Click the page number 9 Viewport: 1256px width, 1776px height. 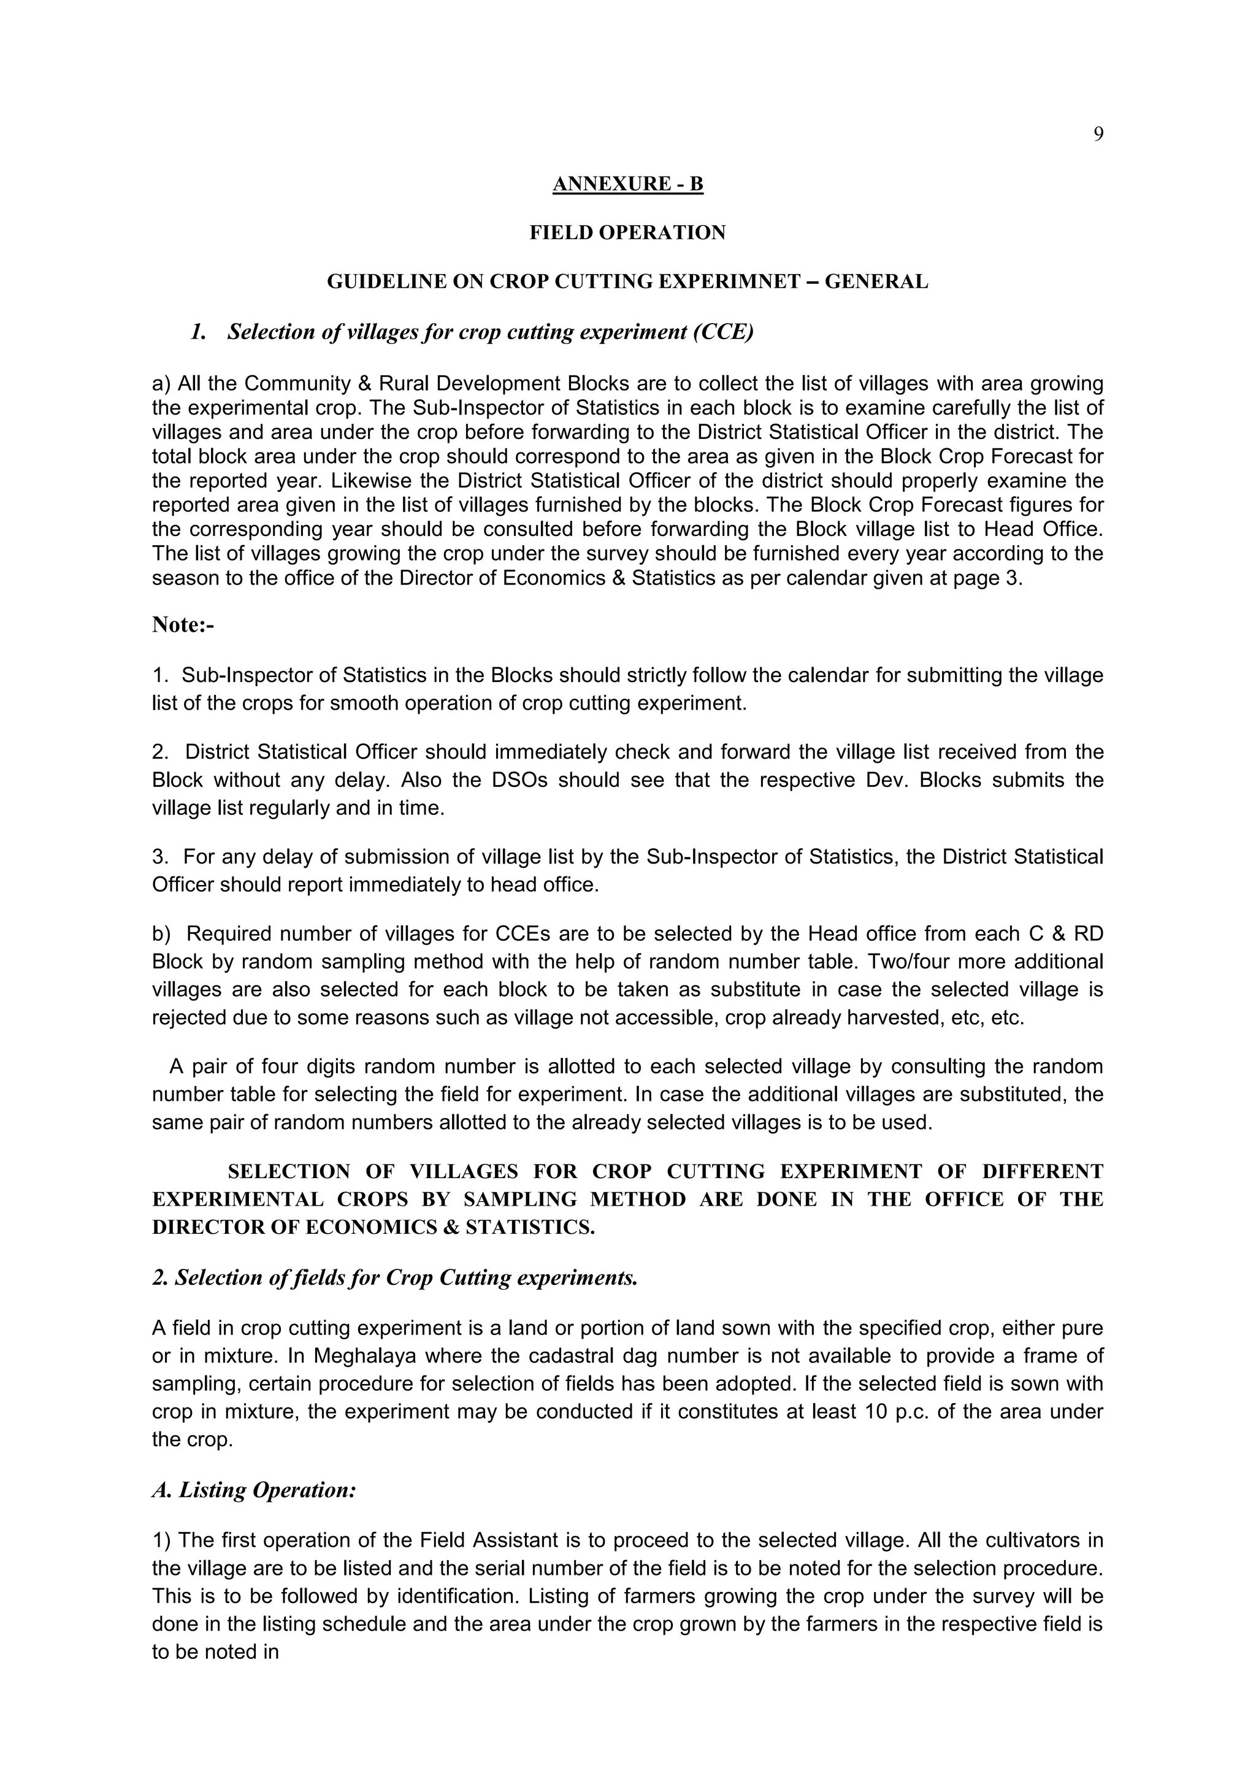[x=1097, y=134]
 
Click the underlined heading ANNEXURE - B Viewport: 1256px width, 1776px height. [x=627, y=184]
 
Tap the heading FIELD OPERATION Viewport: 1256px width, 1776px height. [x=627, y=233]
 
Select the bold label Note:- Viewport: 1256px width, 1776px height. [x=183, y=625]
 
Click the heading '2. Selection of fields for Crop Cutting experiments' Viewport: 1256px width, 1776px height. [x=394, y=1278]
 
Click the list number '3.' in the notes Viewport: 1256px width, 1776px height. [x=161, y=857]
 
